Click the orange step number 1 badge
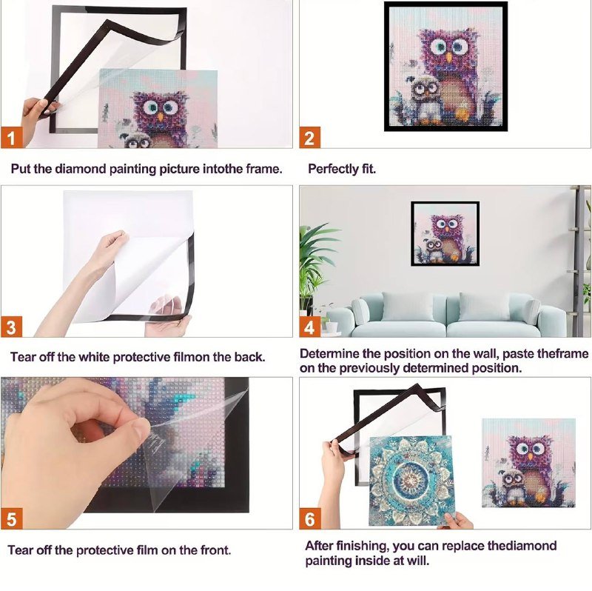click(11, 138)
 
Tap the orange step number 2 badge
click(309, 138)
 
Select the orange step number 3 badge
click(11, 327)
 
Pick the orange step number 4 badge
click(309, 327)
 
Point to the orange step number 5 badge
click(11, 518)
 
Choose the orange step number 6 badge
click(310, 518)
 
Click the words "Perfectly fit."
click(342, 169)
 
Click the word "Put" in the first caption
click(21, 169)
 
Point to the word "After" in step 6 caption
click(320, 546)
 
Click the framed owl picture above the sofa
click(445, 233)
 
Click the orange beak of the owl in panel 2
click(449, 58)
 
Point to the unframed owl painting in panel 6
click(528, 463)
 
